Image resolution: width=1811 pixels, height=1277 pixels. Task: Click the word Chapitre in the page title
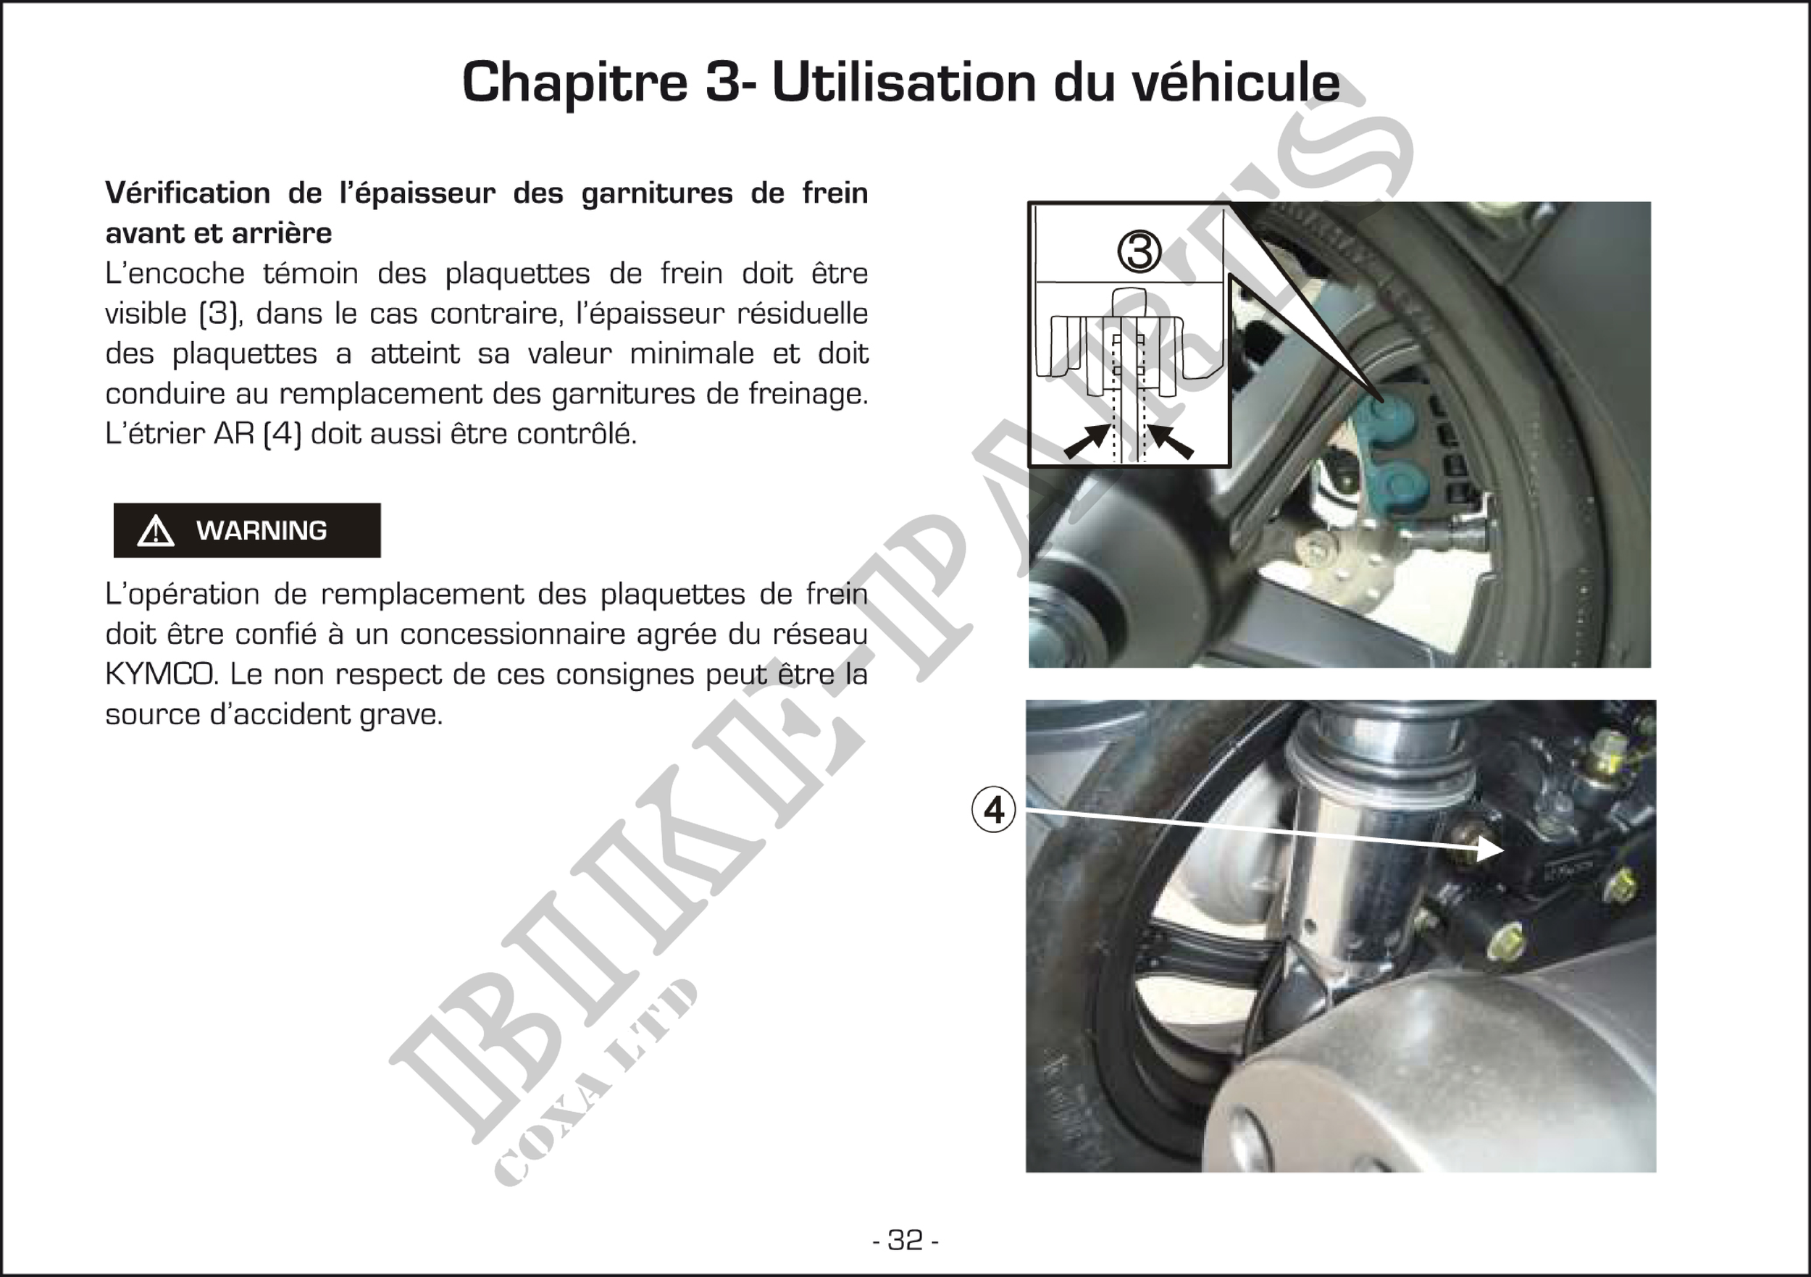tap(575, 82)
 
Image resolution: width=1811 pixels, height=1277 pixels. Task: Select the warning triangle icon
tap(156, 531)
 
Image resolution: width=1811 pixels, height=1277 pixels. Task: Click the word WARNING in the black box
tap(261, 531)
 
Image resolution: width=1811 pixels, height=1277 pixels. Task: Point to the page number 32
tap(905, 1240)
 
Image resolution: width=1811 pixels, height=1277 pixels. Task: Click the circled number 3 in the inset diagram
tap(1139, 251)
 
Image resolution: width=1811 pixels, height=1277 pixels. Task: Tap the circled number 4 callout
tap(994, 809)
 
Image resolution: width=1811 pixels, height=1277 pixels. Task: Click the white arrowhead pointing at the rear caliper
tap(1489, 849)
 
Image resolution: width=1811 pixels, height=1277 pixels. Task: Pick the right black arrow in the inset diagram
tap(1170, 441)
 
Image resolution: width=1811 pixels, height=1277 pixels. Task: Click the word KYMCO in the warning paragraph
tap(161, 674)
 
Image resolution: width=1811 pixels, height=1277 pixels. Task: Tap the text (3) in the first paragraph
tap(219, 313)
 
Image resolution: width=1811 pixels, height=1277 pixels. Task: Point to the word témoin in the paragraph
tap(311, 273)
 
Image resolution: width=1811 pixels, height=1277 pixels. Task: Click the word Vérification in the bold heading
tap(188, 193)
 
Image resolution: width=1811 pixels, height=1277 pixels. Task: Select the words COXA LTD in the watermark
tap(596, 1082)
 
